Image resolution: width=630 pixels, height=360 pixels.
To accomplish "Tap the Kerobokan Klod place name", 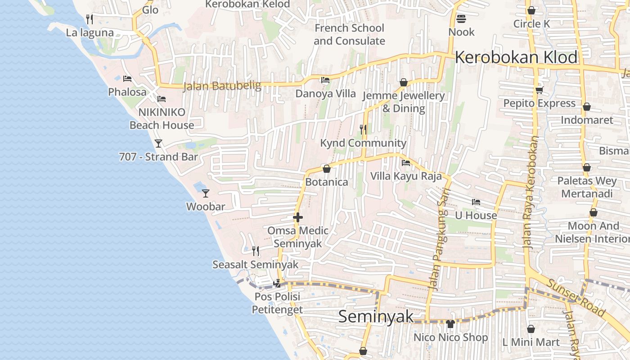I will (516, 58).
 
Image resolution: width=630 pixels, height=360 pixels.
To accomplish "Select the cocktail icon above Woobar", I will (206, 193).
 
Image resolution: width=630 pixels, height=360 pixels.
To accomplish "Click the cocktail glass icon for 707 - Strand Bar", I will (158, 144).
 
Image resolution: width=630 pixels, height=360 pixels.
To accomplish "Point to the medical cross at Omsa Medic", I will (297, 218).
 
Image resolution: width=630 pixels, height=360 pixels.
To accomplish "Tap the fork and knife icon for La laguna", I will (90, 19).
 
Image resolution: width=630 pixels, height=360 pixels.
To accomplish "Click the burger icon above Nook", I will (461, 19).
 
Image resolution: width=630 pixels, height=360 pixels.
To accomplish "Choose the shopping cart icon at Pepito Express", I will (539, 90).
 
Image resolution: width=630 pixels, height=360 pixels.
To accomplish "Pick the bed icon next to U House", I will (476, 202).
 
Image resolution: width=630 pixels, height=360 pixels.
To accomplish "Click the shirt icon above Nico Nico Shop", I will (450, 324).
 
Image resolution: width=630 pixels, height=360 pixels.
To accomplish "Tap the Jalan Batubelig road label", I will (222, 85).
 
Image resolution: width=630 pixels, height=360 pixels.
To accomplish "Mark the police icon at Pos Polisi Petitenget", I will (277, 283).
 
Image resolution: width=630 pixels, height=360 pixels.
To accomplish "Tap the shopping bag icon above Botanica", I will (327, 169).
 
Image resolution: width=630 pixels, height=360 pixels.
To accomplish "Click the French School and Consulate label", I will (349, 34).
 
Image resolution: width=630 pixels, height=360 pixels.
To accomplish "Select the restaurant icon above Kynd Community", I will (363, 130).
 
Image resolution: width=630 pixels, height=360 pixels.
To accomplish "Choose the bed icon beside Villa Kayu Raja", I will (406, 163).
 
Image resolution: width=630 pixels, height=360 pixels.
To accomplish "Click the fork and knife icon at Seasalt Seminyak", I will (255, 251).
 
